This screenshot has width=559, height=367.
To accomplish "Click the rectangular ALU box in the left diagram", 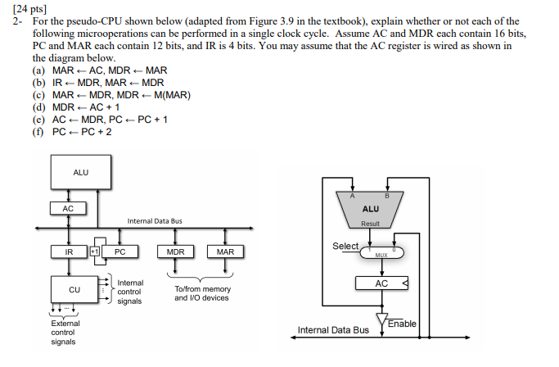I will coord(81,172).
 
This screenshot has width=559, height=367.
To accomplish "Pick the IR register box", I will coord(69,252).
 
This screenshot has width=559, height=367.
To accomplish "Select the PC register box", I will coord(119,252).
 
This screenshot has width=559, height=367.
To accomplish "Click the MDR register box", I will coord(175,252).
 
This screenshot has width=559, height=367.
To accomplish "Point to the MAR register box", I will coord(226,252).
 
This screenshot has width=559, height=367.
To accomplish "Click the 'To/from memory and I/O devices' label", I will coord(203,293).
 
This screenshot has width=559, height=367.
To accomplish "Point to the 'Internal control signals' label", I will coord(130,292).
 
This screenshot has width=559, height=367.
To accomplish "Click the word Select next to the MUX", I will coord(345,246).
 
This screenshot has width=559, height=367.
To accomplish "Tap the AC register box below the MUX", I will coord(381,283).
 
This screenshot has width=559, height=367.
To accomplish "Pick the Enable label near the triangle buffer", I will coord(402,324).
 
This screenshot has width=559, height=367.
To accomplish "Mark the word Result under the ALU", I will coord(370,223).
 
